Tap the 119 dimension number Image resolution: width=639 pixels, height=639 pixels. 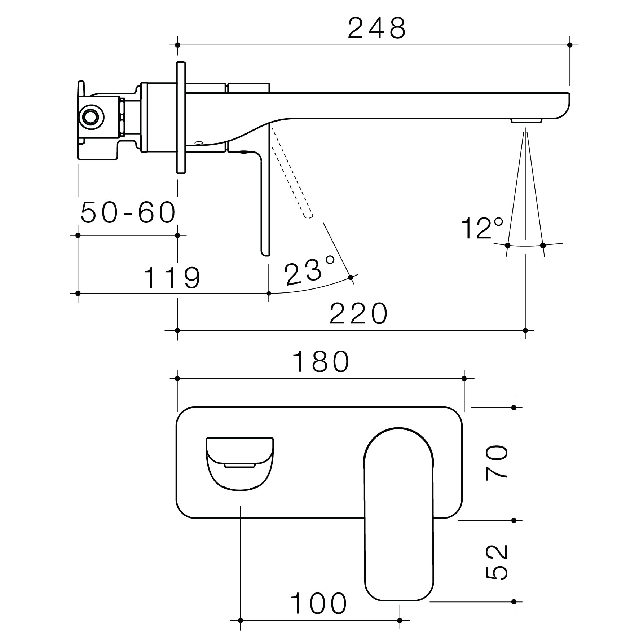172,278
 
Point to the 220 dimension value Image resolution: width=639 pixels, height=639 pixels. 358,313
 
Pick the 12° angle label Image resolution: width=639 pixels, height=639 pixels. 482,228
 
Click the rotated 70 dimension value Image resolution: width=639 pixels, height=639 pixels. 497,463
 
